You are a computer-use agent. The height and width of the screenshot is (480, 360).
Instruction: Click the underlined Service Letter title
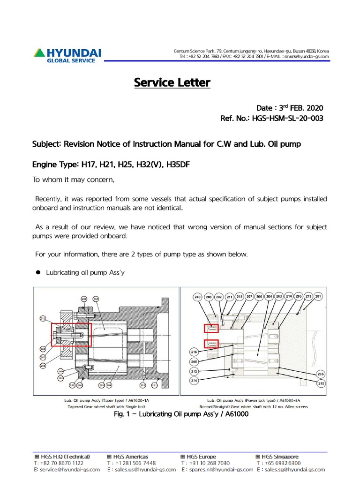pyautogui.click(x=172, y=82)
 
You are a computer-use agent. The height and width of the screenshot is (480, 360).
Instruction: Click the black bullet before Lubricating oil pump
pyautogui.click(x=39, y=272)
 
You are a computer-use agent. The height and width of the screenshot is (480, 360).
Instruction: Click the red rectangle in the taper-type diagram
pyautogui.click(x=72, y=334)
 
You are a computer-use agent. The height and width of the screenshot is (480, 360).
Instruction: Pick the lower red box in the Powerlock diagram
pyautogui.click(x=210, y=344)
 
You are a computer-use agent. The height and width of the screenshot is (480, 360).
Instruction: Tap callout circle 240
pyautogui.click(x=198, y=297)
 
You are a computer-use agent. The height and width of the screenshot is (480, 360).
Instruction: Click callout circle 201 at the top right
pyautogui.click(x=319, y=297)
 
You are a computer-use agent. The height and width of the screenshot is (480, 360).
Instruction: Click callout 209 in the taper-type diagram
pyautogui.click(x=84, y=299)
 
